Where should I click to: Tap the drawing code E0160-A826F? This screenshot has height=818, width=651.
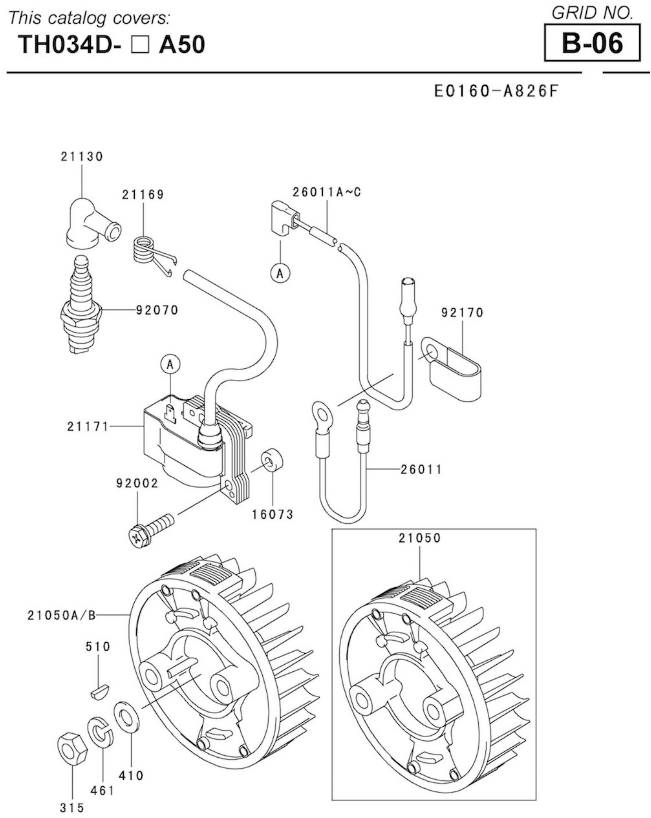[497, 91]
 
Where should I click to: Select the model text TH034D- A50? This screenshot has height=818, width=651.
[112, 44]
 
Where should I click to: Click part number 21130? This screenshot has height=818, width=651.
[82, 156]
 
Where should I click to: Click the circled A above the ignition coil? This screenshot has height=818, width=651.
[170, 365]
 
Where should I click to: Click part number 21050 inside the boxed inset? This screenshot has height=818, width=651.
[419, 538]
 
